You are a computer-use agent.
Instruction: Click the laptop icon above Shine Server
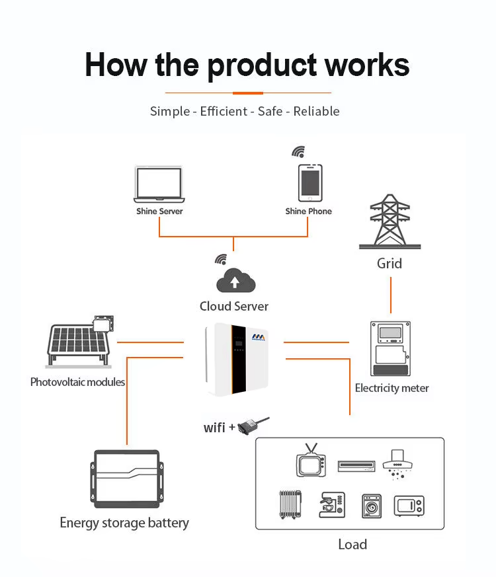tap(159, 184)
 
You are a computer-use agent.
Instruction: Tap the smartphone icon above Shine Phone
tap(310, 183)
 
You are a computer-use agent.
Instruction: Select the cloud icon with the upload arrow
tap(235, 280)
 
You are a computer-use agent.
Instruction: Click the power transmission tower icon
tap(390, 221)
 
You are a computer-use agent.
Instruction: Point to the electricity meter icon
tap(390, 348)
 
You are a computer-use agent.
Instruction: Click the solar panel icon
tap(80, 342)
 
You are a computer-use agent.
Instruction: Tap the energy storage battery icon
tap(127, 479)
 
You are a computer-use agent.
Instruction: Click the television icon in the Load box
tap(311, 461)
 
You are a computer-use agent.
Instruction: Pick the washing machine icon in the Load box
tap(372, 506)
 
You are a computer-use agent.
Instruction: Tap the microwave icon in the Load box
tap(409, 506)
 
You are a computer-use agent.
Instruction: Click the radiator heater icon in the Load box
tap(290, 504)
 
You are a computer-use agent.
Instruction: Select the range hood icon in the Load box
tap(397, 465)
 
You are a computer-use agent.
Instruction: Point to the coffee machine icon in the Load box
tap(332, 505)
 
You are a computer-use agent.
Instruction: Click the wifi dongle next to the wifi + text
tap(253, 426)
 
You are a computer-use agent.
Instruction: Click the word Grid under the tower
tap(390, 264)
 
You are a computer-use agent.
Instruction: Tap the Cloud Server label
tap(234, 306)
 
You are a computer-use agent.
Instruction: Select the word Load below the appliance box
tap(352, 545)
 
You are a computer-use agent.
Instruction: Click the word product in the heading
tap(262, 66)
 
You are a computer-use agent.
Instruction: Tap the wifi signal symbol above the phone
tap(299, 151)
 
